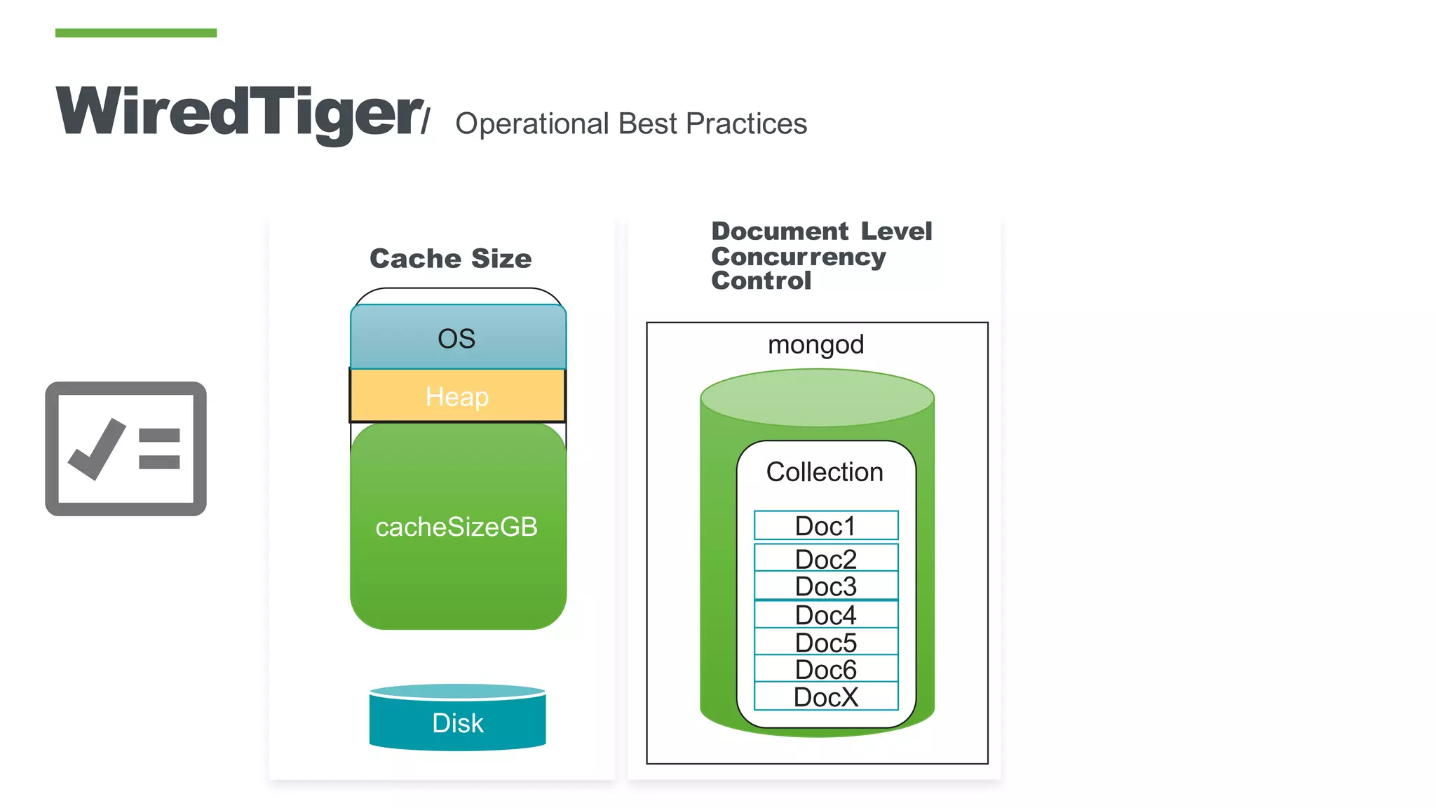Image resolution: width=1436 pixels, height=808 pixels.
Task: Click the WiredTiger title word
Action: pyautogui.click(x=238, y=112)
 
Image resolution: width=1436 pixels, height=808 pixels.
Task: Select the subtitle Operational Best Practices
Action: pyautogui.click(x=630, y=124)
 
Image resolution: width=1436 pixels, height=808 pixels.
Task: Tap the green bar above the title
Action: pyautogui.click(x=135, y=33)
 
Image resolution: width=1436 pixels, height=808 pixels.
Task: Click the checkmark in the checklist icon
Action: pyautogui.click(x=96, y=449)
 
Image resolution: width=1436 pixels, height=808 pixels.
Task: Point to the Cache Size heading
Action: pyautogui.click(x=450, y=259)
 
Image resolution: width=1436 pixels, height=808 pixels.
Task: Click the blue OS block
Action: pyautogui.click(x=457, y=338)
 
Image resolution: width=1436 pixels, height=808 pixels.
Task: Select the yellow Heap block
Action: pyautogui.click(x=457, y=396)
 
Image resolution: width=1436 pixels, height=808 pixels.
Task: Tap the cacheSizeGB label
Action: pyautogui.click(x=456, y=527)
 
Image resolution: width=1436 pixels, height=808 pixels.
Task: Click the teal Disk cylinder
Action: pyautogui.click(x=457, y=722)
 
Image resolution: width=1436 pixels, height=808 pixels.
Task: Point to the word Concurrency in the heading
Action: pyautogui.click(x=798, y=257)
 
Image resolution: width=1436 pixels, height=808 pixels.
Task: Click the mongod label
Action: pyautogui.click(x=815, y=344)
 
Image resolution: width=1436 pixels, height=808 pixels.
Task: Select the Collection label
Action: pyautogui.click(x=825, y=472)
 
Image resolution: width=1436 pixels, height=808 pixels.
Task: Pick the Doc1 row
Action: pyautogui.click(x=825, y=526)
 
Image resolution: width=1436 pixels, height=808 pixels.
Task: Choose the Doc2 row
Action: pyautogui.click(x=825, y=559)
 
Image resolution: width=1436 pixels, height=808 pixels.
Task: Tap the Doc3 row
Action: pyautogui.click(x=825, y=586)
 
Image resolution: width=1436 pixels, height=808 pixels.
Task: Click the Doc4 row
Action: pyautogui.click(x=825, y=615)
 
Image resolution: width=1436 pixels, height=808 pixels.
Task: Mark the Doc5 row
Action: pyautogui.click(x=825, y=642)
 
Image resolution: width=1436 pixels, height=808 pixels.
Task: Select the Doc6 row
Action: pyautogui.click(x=825, y=670)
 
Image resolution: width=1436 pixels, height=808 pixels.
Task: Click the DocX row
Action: pyautogui.click(x=825, y=697)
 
